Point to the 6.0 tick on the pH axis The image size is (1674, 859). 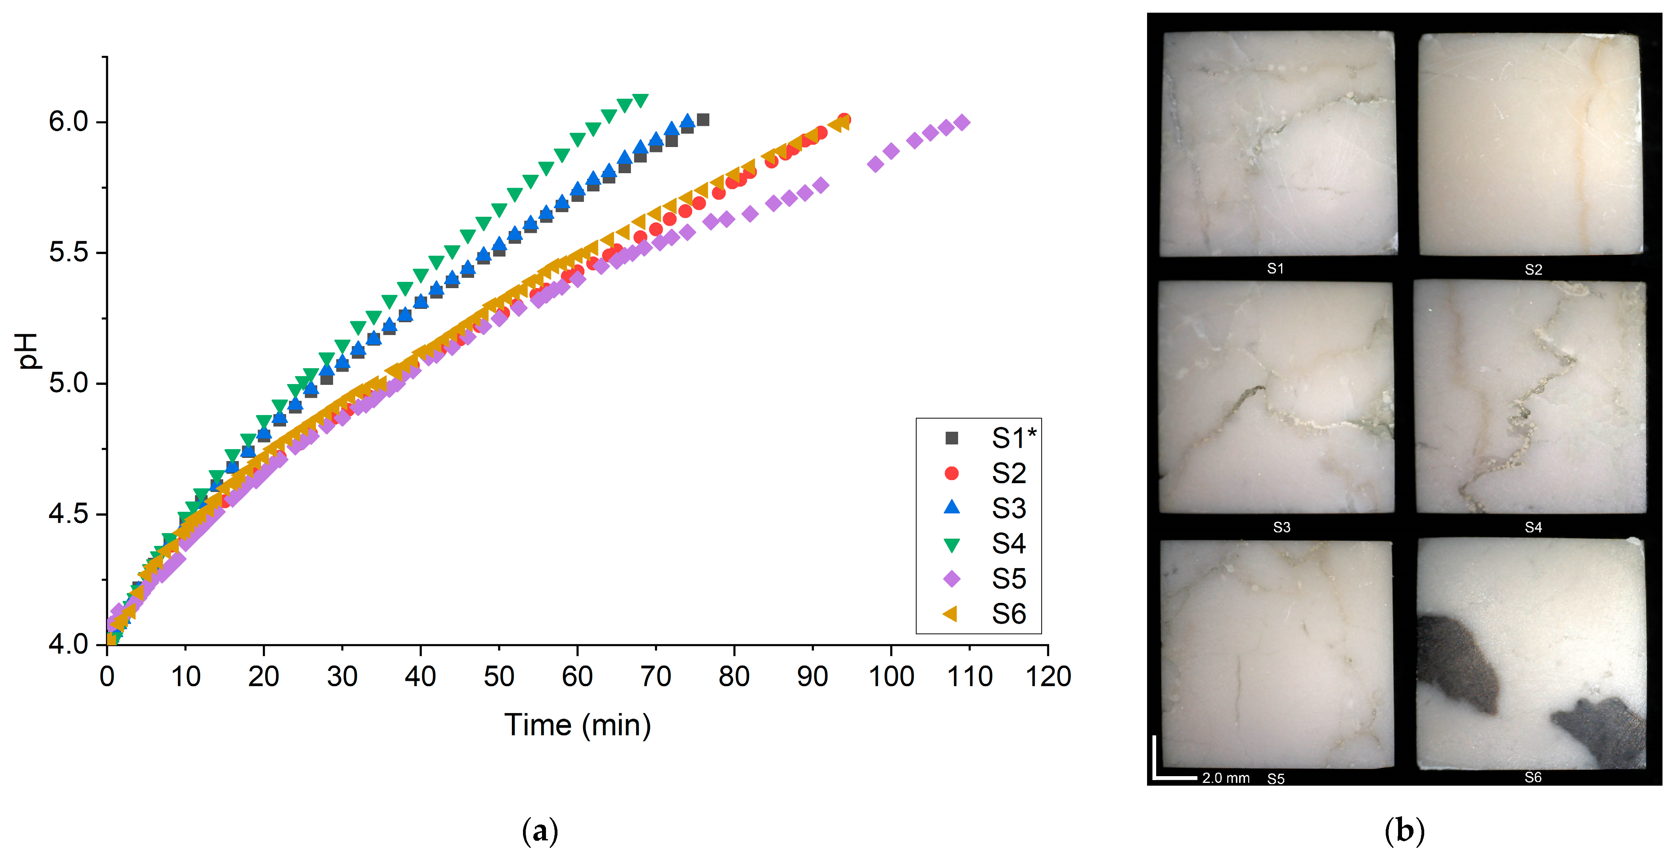tap(69, 122)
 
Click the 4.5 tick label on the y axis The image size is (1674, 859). tap(69, 514)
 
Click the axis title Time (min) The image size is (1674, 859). tap(577, 725)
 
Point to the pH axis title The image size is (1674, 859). tap(27, 351)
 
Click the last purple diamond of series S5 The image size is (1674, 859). tap(962, 122)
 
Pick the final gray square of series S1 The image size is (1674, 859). tap(703, 120)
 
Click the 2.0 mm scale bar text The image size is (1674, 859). tap(1225, 778)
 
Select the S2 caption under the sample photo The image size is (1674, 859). tap(1533, 270)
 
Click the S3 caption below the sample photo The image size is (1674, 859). tap(1281, 527)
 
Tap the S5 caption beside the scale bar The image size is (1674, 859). tap(1276, 779)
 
